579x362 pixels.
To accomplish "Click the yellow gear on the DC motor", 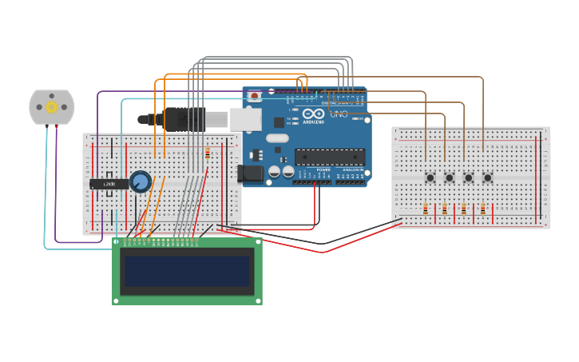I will (52, 107).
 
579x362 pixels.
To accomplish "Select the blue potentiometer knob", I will (141, 181).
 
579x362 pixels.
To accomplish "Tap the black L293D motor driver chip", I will (109, 184).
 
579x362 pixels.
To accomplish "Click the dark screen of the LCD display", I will (188, 271).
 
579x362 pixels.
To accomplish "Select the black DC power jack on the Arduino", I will (250, 173).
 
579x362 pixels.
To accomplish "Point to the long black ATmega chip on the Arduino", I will (329, 157).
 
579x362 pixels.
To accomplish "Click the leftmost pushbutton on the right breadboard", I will (430, 177).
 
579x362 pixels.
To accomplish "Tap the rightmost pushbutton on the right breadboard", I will (487, 177).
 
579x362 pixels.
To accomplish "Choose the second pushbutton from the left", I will (449, 177).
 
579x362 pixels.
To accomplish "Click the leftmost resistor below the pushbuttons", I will (426, 209).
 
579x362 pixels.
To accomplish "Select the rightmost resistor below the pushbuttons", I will (483, 209).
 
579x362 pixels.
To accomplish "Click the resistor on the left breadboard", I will (208, 153).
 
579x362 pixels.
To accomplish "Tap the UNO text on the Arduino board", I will (339, 113).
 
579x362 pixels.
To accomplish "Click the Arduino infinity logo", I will (312, 113).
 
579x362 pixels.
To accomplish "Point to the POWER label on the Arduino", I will (323, 170).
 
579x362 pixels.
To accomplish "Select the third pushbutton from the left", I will (468, 177).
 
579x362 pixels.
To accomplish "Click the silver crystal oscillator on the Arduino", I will (277, 138).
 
